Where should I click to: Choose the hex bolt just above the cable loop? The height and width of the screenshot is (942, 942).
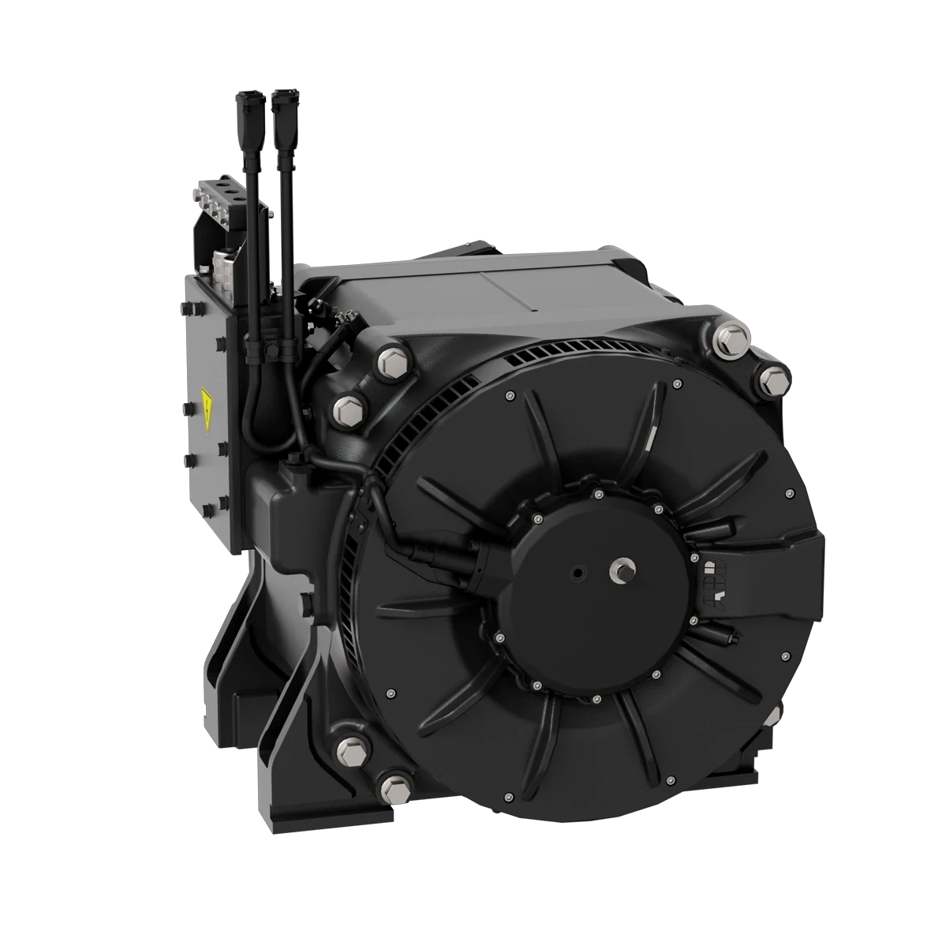point(348,409)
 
